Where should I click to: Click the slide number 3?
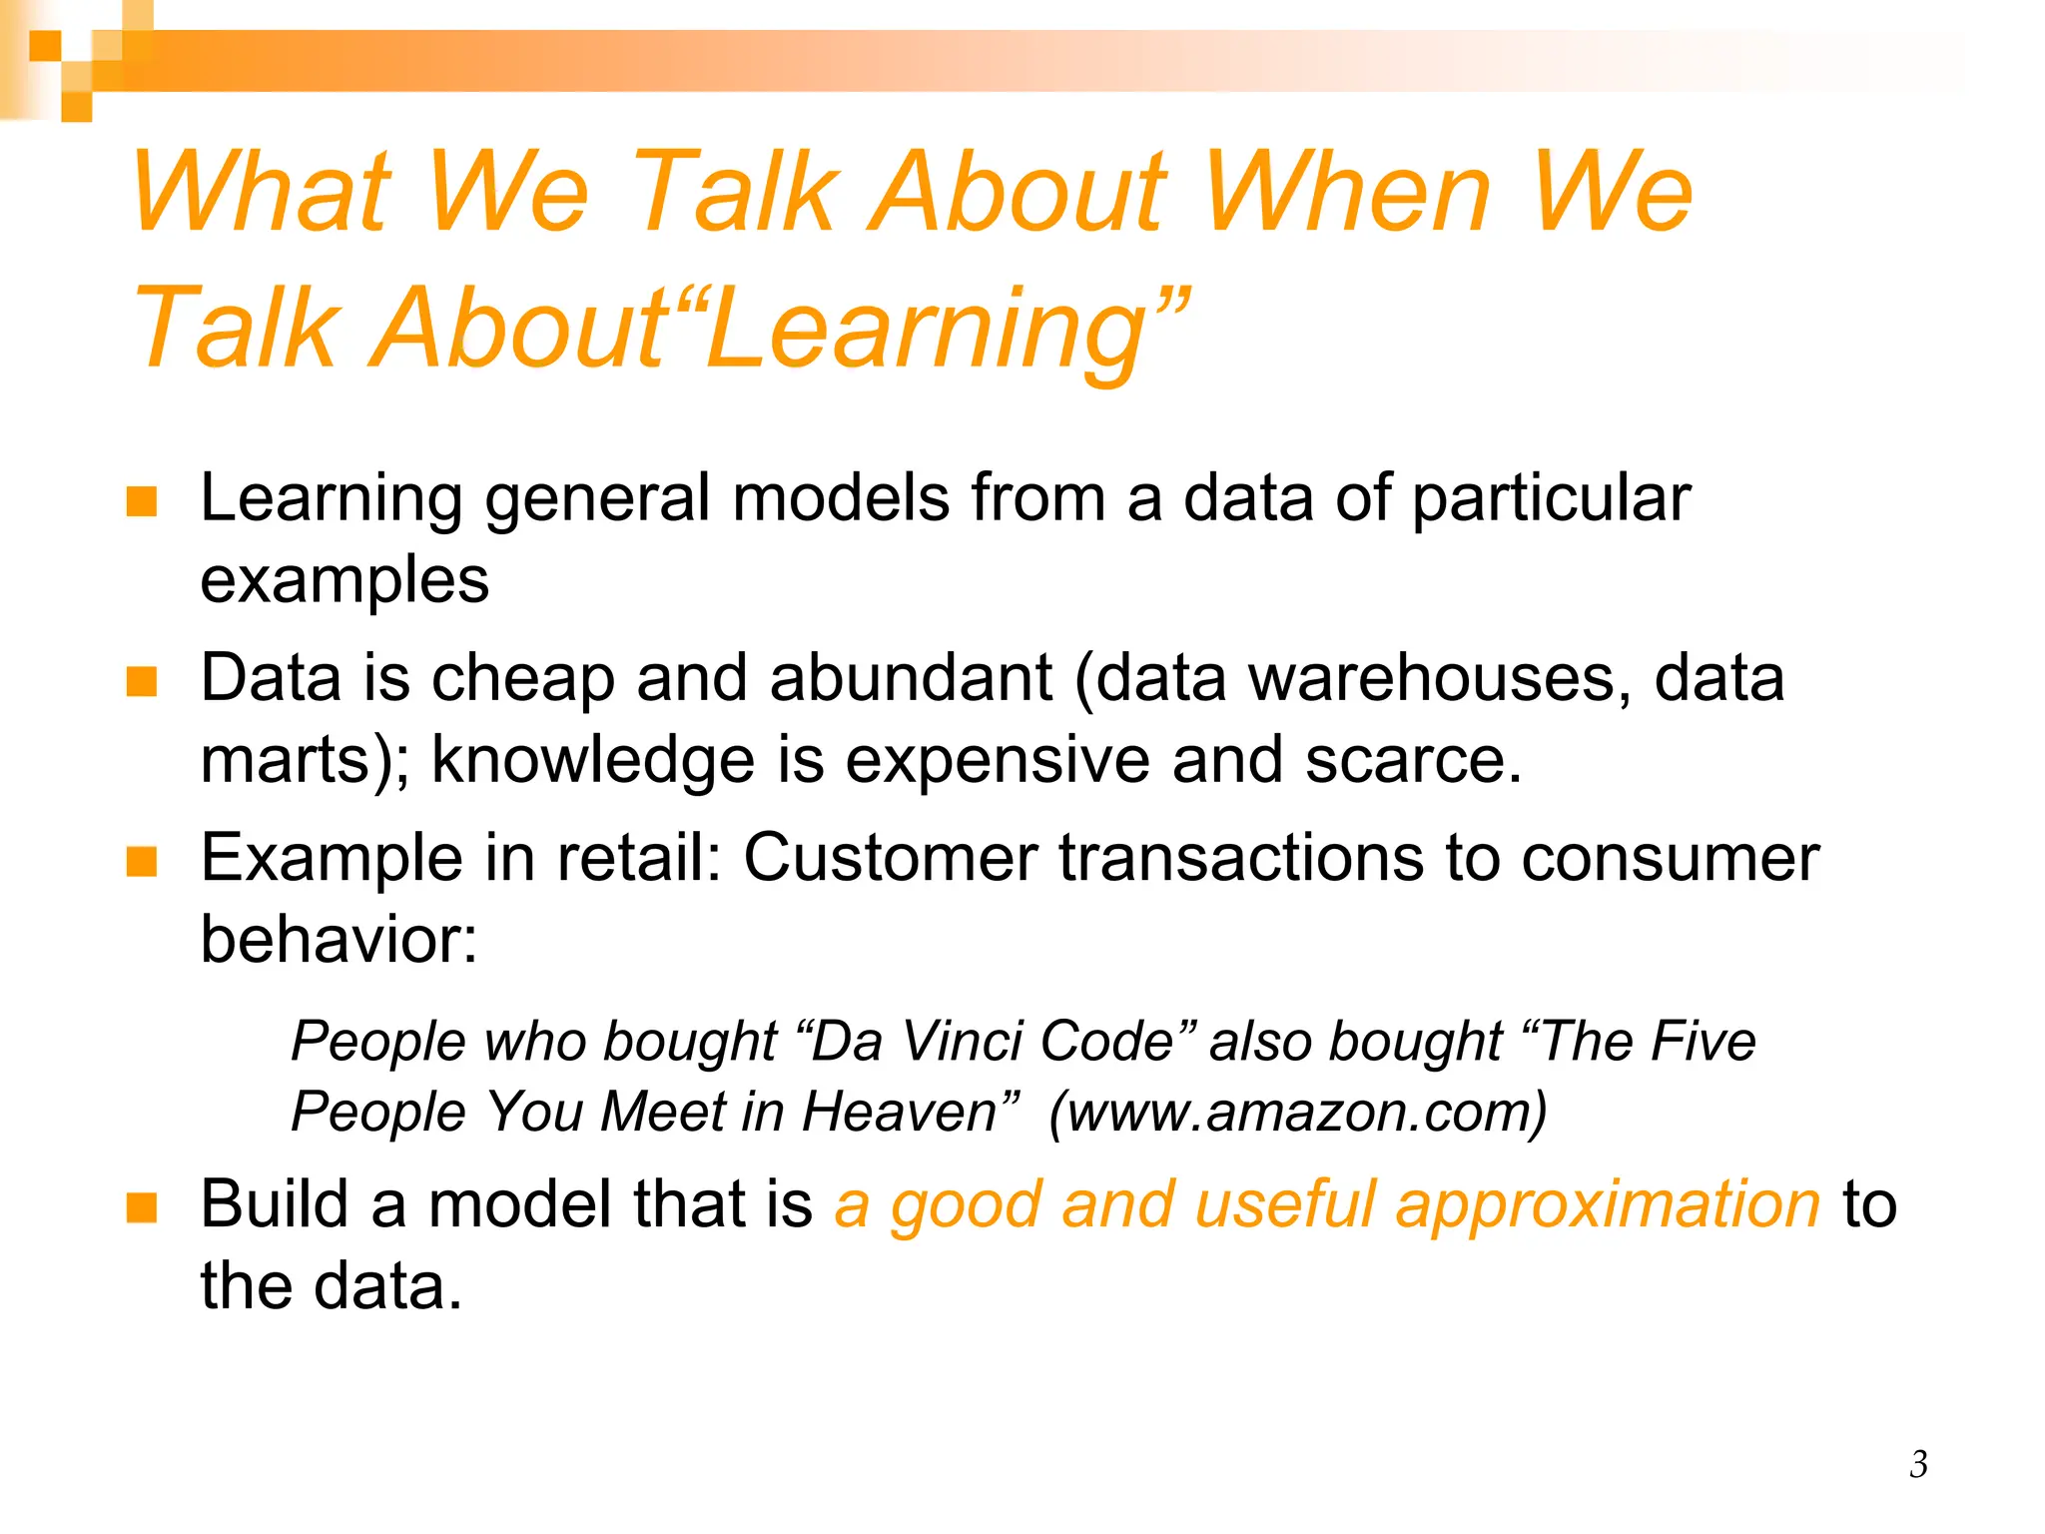1918,1464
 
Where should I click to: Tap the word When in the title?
1348,192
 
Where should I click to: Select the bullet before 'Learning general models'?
142,501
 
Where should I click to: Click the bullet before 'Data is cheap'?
142,682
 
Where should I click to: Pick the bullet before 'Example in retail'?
142,861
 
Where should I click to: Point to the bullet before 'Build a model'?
142,1207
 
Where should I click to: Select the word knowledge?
593,761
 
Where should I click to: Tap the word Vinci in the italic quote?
963,1042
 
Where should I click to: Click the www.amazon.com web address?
1298,1112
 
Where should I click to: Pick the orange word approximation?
1608,1205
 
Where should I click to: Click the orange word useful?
1284,1205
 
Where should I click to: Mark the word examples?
344,581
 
